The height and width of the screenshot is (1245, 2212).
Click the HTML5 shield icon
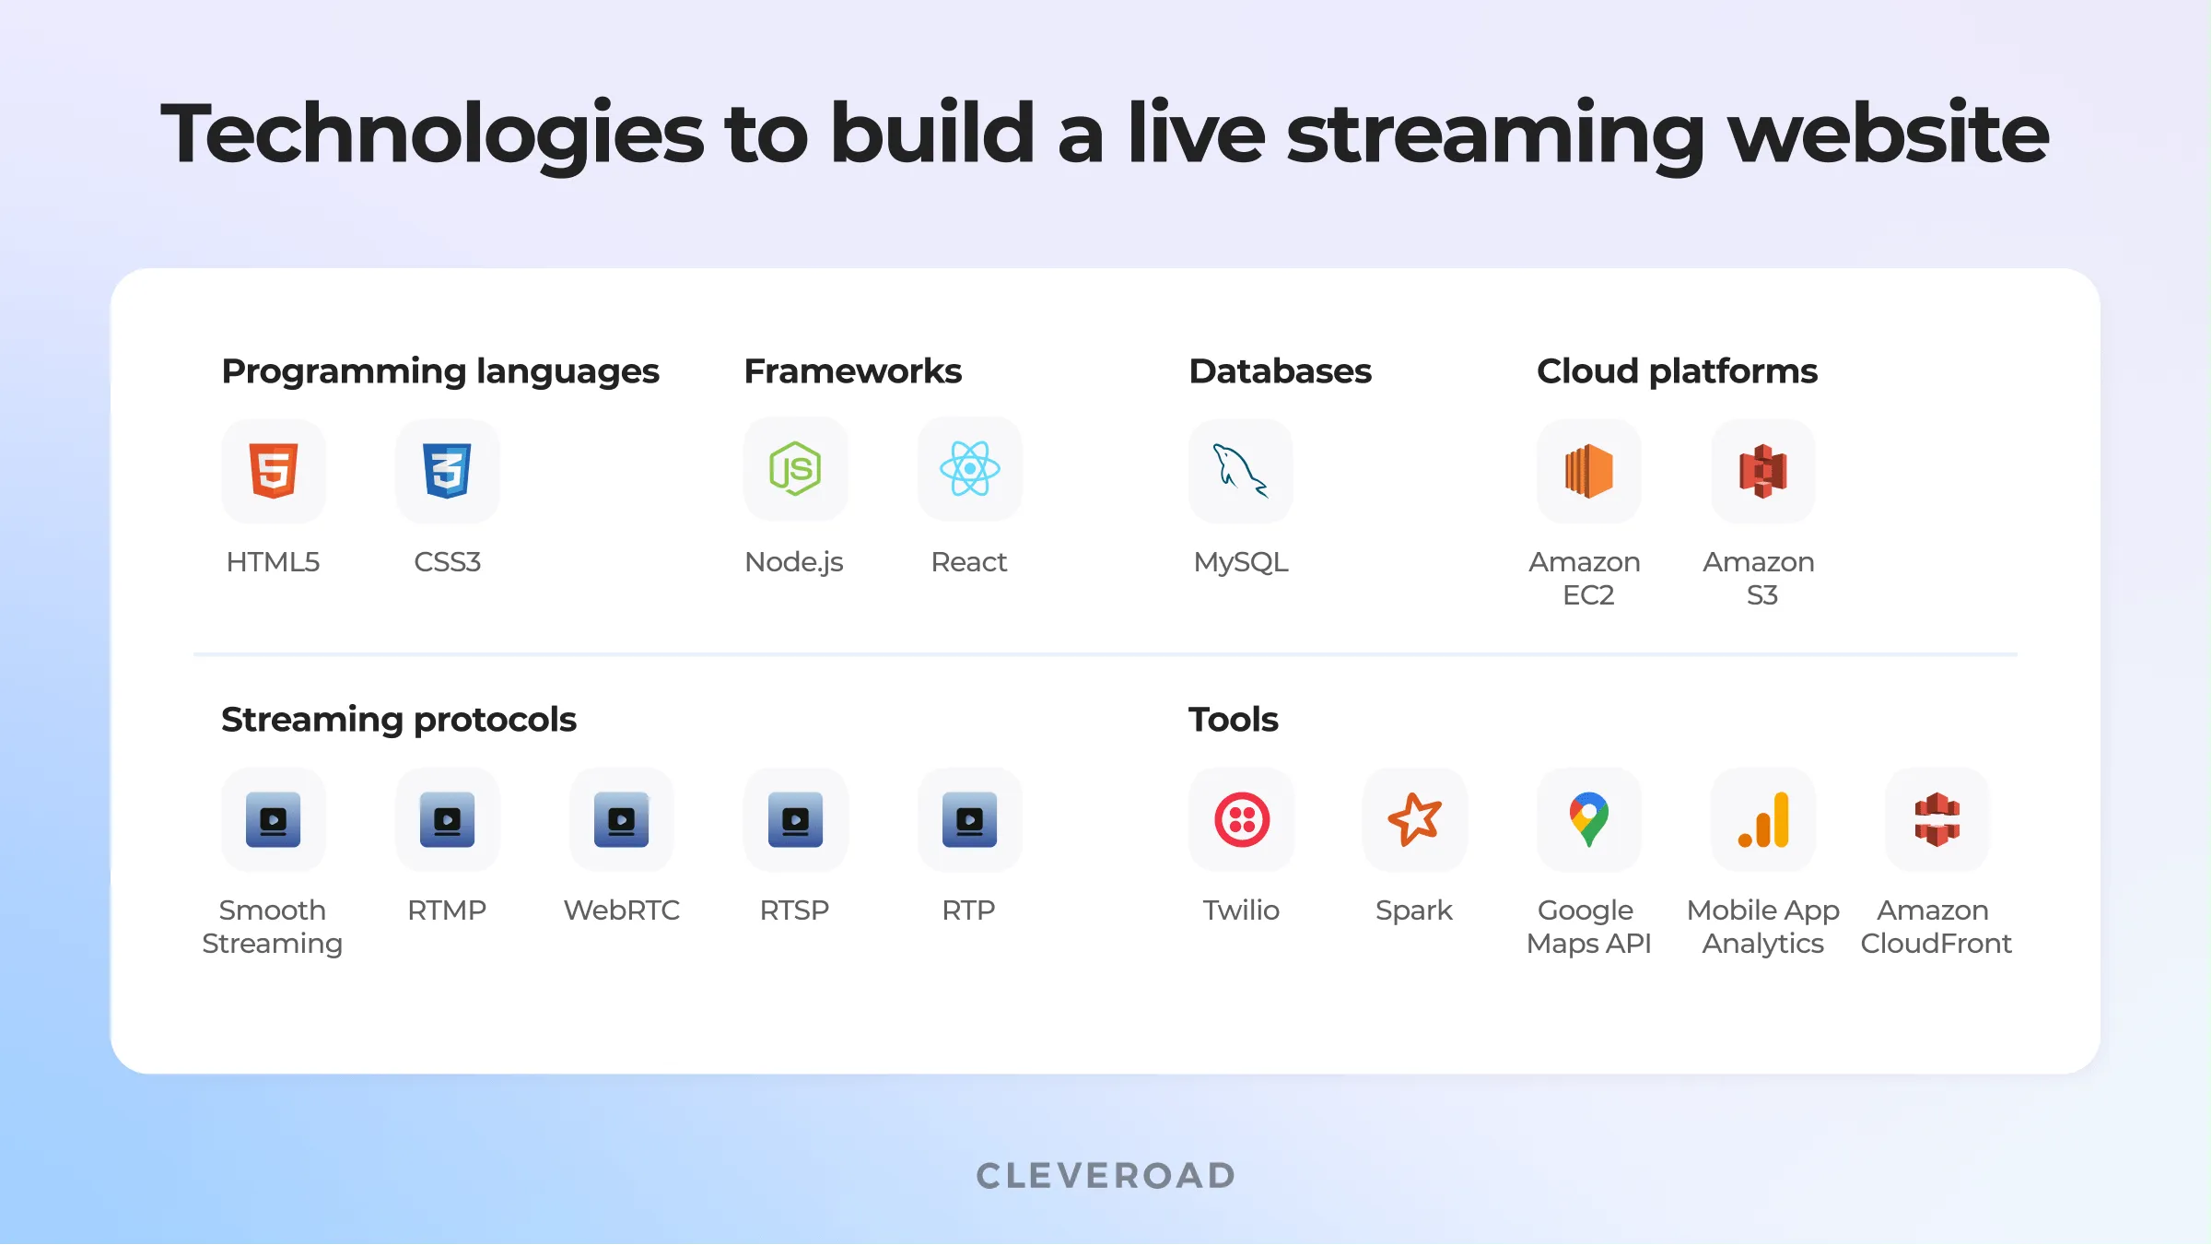(274, 470)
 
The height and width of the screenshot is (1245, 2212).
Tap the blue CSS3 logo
(447, 470)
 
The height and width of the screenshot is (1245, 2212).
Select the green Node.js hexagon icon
(795, 469)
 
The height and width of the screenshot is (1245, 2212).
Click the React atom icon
(969, 469)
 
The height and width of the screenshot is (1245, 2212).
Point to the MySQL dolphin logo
(1240, 470)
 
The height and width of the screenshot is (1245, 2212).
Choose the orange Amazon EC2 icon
(1588, 471)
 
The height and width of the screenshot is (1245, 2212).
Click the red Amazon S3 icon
(1762, 471)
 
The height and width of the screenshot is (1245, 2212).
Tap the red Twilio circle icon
(1241, 819)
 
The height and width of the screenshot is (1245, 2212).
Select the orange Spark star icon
(1414, 818)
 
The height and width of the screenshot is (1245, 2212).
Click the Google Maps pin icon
(1588, 818)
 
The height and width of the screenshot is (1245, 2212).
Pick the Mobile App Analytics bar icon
(1762, 819)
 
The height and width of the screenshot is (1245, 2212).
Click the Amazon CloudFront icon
(1937, 819)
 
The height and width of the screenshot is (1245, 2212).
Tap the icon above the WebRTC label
(621, 819)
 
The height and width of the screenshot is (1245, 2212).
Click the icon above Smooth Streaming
(274, 819)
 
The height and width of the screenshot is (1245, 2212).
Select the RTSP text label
(794, 910)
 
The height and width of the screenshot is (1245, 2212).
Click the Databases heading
(1280, 371)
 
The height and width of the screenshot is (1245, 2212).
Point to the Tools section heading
(1233, 720)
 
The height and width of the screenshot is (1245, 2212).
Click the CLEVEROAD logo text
(1106, 1176)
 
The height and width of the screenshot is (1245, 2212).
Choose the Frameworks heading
(852, 371)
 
